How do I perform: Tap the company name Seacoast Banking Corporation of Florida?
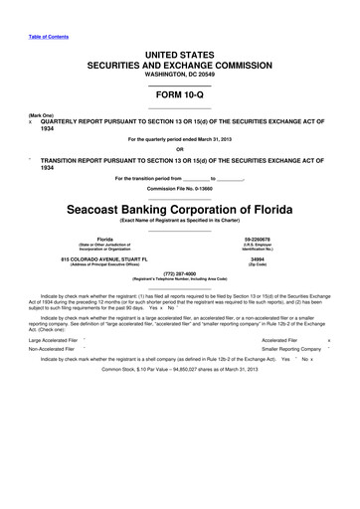179,210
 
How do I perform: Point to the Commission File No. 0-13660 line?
179,188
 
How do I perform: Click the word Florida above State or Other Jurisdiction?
103,240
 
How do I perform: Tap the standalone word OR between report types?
179,150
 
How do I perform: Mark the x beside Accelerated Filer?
342,339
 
